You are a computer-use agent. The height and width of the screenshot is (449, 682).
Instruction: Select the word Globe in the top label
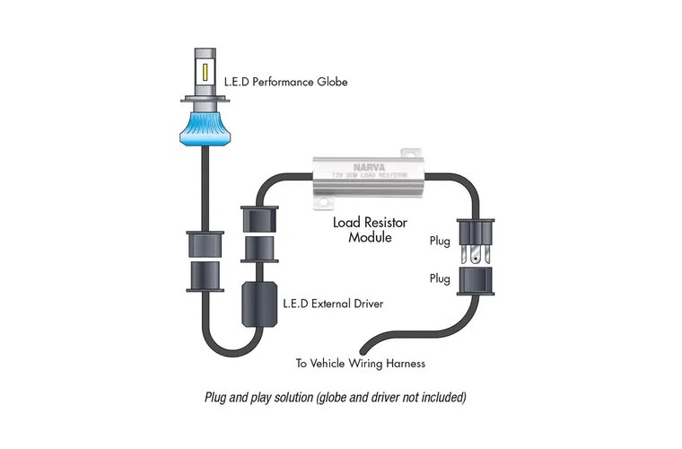[331, 83]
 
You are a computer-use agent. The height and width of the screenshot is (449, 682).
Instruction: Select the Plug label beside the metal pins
[440, 240]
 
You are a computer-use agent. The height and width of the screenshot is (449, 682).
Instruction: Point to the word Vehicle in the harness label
[331, 364]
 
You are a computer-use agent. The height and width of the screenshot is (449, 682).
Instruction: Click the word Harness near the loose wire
[404, 364]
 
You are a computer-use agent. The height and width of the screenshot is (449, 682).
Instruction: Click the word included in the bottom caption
[444, 396]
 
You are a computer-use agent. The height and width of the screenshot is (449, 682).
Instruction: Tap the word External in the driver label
[325, 304]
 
